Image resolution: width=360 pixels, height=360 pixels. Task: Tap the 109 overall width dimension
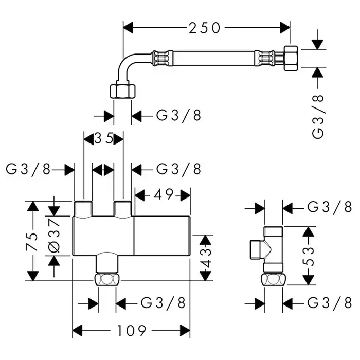point(131,329)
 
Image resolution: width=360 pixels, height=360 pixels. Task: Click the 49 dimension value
point(163,195)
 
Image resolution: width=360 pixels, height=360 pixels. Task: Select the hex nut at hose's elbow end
point(122,91)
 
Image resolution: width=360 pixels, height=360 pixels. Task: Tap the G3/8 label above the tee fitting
point(329,207)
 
